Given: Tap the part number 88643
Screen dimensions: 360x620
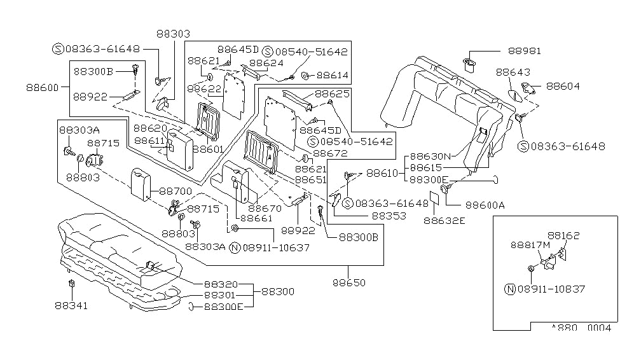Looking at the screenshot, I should pyautogui.click(x=514, y=73).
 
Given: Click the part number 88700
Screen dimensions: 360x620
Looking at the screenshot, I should pyautogui.click(x=175, y=190).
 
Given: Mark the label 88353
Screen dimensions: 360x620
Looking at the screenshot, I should pyautogui.click(x=389, y=216).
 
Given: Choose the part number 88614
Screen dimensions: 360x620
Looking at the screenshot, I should pyautogui.click(x=333, y=75).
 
